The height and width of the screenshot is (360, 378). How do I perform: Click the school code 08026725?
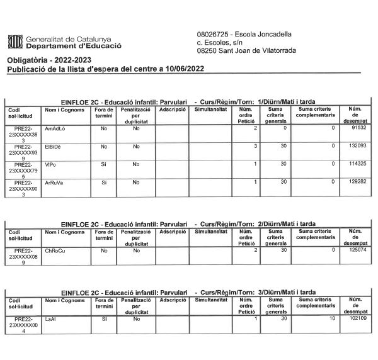[213, 34]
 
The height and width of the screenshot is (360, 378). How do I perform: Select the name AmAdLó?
[56, 128]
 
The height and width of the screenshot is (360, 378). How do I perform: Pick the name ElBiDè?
[54, 146]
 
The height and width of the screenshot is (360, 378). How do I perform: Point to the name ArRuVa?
[55, 182]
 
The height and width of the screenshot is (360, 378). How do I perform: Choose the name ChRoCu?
[55, 250]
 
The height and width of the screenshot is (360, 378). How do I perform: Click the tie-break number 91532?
[359, 128]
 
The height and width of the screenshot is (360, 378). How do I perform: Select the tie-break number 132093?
[357, 146]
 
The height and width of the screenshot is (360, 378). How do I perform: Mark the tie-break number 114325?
[357, 164]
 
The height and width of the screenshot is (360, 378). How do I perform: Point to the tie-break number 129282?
[357, 182]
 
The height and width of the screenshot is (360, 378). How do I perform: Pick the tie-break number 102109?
[357, 318]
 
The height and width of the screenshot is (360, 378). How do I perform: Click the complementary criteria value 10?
[331, 318]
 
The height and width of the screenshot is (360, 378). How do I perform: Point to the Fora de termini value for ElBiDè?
[104, 146]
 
